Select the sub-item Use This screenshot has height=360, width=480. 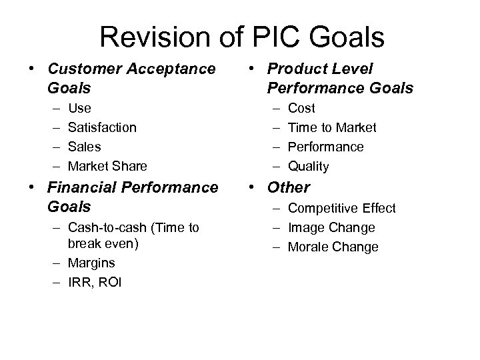coord(80,108)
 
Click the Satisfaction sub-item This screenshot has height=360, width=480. coord(103,127)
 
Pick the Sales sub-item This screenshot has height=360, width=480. coord(85,146)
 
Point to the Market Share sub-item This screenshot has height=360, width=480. coord(108,165)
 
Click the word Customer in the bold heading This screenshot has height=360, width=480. coord(85,69)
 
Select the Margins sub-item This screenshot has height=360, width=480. coord(92,263)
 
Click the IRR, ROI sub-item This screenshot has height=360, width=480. coord(95,282)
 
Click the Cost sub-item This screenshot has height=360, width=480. coord(301,108)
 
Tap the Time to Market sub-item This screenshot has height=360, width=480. coord(332,127)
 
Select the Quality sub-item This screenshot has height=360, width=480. coord(308,165)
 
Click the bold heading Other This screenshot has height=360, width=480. coord(289,188)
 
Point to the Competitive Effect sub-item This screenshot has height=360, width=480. coord(342,209)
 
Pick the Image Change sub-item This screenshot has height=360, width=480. coord(331,227)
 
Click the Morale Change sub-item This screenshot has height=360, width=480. coord(333,247)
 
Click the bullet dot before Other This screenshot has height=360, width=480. coord(257,188)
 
